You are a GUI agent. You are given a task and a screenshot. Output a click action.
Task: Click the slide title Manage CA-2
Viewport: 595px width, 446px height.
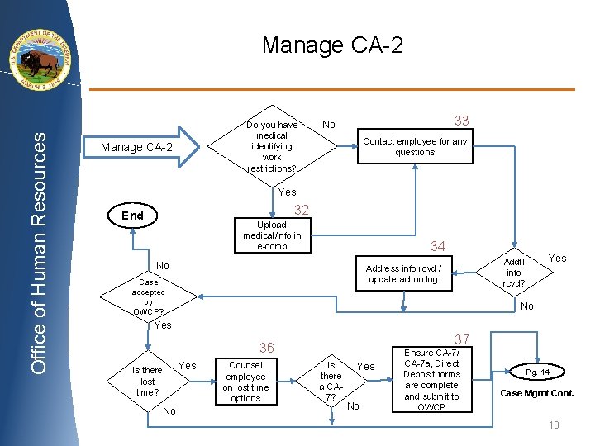332,45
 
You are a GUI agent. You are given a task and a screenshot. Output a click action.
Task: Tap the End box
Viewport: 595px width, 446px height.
133,216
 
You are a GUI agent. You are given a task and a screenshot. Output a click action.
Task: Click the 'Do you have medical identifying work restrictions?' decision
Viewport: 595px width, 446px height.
272,147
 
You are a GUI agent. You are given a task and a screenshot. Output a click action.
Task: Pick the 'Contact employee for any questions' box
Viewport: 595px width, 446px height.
414,147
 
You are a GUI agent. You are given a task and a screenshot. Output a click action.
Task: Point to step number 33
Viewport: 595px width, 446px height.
461,121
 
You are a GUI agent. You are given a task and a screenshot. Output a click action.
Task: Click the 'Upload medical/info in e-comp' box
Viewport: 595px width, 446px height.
272,235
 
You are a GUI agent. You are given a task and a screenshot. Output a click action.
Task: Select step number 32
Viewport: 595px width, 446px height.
302,210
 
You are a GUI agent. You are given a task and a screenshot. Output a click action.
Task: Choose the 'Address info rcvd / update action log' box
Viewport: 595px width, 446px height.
403,273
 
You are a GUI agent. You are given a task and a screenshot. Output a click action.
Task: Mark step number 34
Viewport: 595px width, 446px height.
437,246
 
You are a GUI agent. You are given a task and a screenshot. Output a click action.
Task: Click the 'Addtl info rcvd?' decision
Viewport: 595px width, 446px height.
513,273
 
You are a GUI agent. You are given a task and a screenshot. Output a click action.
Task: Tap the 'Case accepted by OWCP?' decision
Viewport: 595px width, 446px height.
149,297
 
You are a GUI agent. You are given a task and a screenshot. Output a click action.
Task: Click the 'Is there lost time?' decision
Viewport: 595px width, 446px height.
148,382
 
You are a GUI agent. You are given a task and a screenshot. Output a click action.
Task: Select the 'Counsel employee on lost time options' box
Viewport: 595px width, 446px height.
245,382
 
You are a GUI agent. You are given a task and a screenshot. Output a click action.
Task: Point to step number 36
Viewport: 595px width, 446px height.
267,348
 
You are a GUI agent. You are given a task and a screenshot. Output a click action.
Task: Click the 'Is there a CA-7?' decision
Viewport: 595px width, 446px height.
331,382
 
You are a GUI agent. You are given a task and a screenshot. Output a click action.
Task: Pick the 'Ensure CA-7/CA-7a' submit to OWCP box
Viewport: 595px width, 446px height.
431,380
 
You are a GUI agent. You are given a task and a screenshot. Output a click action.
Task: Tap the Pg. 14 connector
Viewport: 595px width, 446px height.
537,372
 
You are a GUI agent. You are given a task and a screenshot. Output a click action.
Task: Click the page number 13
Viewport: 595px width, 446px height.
554,425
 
